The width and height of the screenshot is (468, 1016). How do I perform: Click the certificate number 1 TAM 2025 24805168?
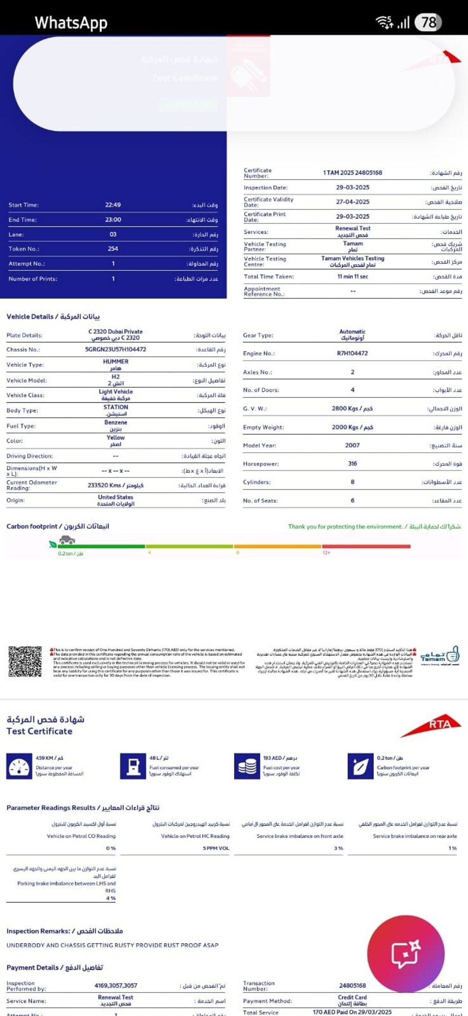[x=352, y=173]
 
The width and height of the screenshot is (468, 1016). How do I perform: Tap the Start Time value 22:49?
[x=113, y=205]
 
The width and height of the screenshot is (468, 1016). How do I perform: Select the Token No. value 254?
[x=113, y=248]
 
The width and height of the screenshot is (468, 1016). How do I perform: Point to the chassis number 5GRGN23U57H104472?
[x=116, y=349]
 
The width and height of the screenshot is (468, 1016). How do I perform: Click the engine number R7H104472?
[x=352, y=353]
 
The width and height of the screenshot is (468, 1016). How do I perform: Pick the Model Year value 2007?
[x=352, y=445]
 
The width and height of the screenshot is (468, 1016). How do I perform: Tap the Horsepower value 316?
[x=352, y=464]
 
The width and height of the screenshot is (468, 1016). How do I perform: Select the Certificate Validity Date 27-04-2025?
[x=352, y=202]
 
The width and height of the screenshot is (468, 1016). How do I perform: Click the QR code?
[x=25, y=662]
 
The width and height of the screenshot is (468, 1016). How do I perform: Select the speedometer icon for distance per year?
[x=19, y=767]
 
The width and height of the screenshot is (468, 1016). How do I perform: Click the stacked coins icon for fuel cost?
[x=247, y=767]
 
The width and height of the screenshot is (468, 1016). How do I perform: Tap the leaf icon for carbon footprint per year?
[x=360, y=767]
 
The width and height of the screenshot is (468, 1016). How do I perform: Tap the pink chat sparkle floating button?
[x=406, y=954]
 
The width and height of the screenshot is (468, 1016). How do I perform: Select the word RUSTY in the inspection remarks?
[x=129, y=945]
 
